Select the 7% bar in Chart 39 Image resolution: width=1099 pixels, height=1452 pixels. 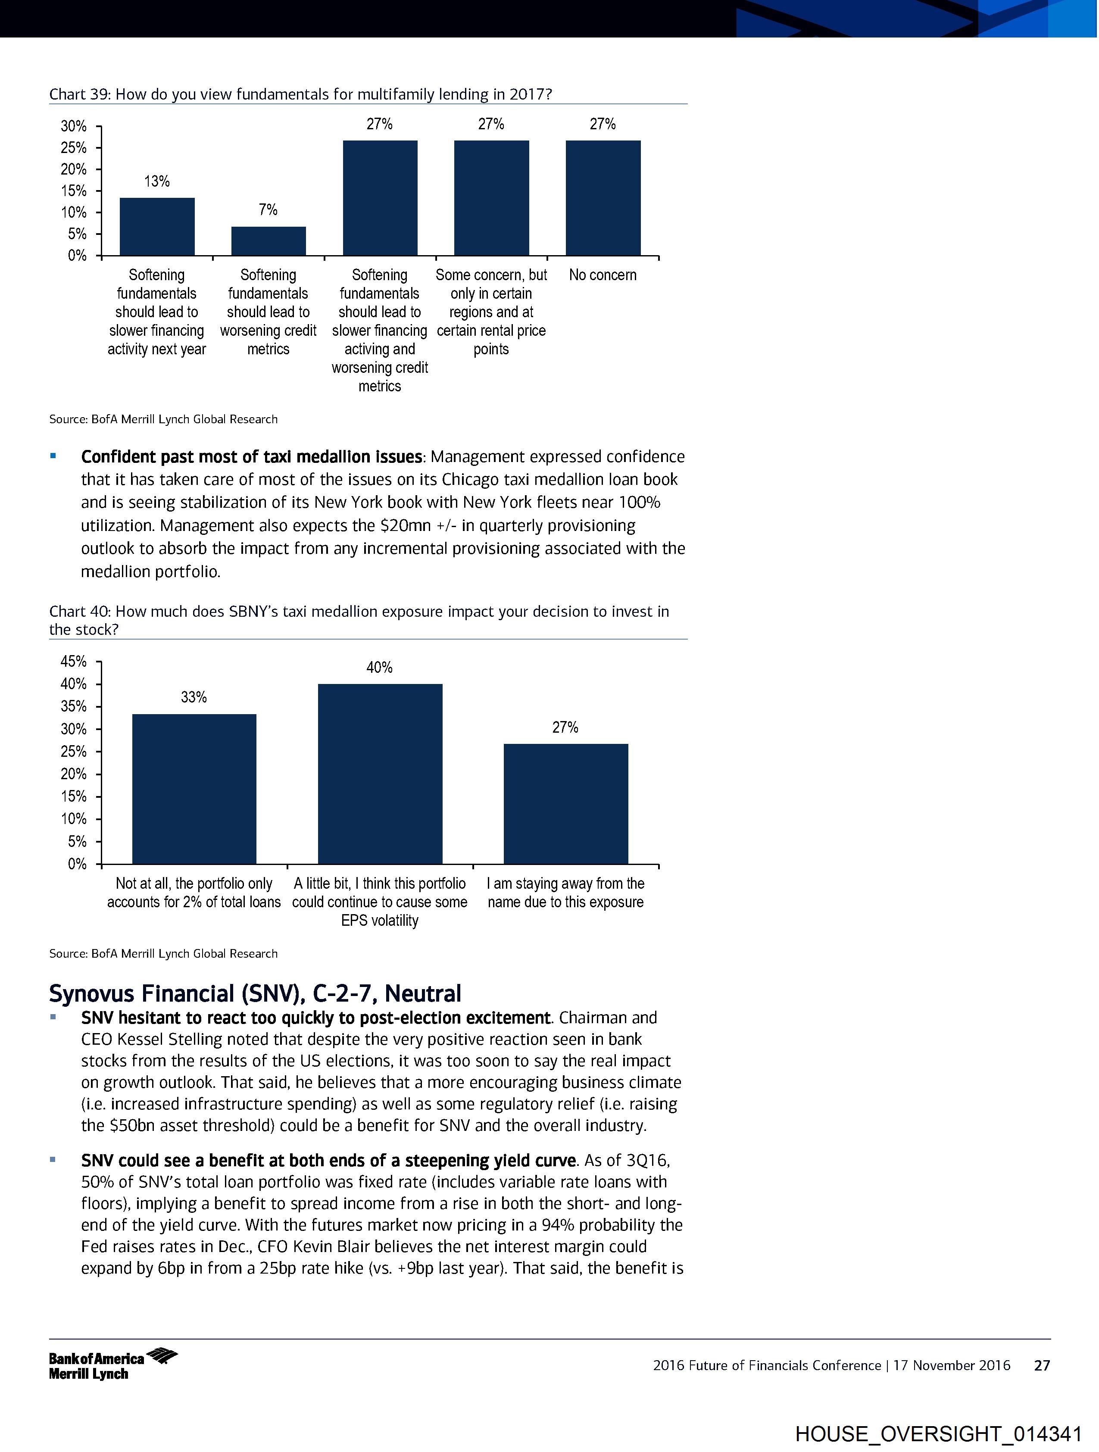(268, 241)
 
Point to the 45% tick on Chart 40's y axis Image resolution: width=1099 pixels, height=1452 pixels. (74, 661)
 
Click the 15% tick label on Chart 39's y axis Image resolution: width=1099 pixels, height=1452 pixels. (74, 191)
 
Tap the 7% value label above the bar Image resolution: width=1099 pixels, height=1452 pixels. (268, 209)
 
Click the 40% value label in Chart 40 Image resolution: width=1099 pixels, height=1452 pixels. (379, 668)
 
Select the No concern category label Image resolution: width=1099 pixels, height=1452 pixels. (603, 275)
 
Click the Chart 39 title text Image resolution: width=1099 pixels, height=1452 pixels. (300, 94)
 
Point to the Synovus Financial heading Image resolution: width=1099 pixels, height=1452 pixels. (255, 993)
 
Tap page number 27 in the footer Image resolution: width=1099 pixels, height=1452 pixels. (1042, 1366)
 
